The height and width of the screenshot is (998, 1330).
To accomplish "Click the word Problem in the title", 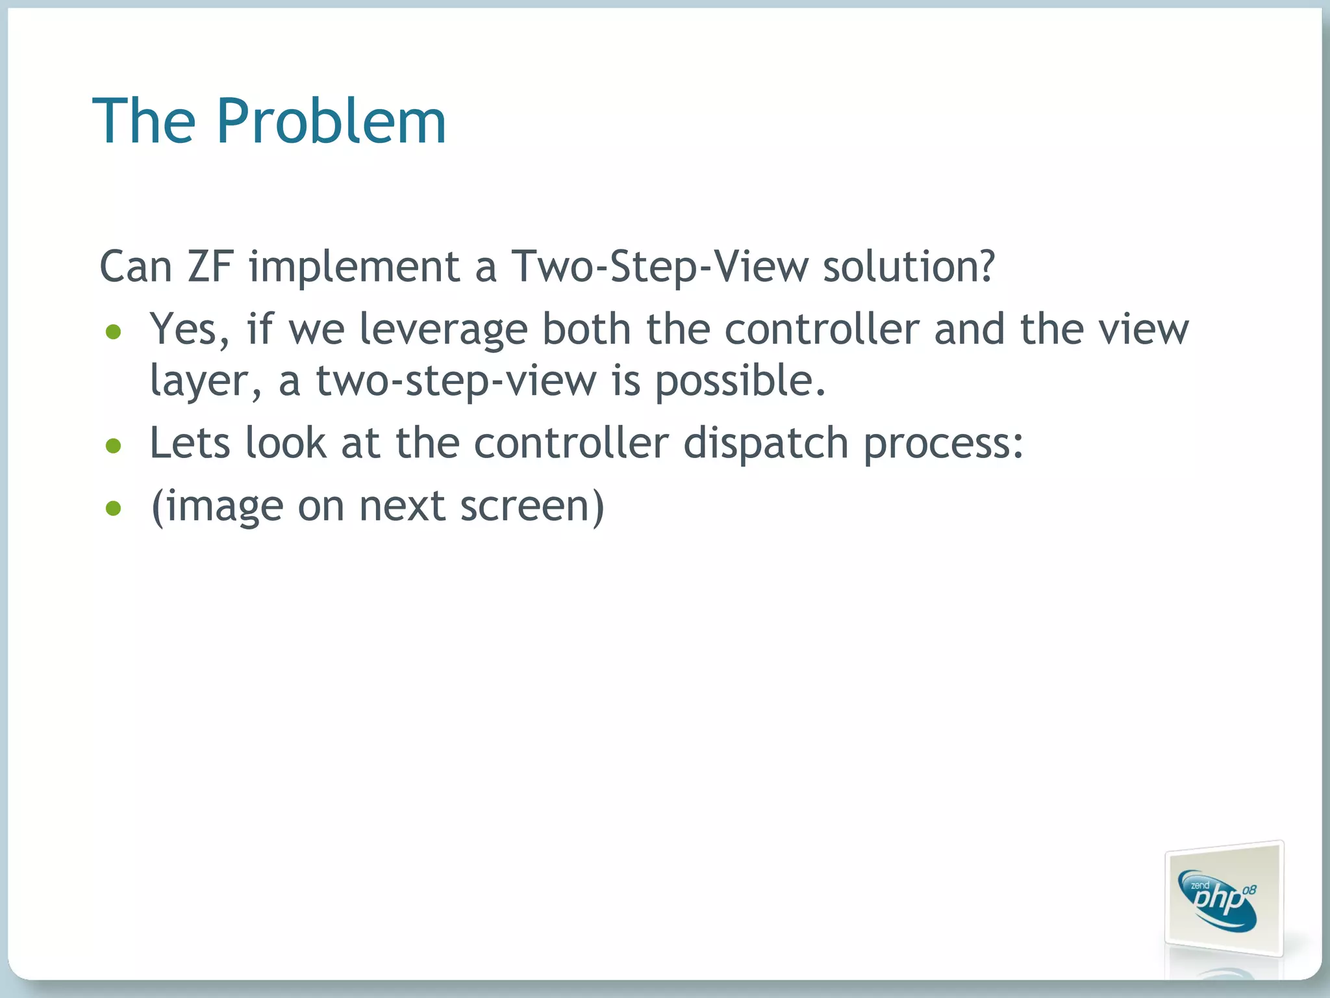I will click(x=331, y=121).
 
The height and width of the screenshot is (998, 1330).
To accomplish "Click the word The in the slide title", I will click(x=144, y=121).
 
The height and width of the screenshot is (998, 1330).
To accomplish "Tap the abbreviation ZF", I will click(x=210, y=266).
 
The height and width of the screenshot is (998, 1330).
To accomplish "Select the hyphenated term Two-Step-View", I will click(x=660, y=266).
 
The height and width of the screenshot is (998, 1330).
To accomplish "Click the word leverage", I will click(x=444, y=330).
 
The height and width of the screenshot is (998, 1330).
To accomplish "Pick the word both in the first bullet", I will click(x=586, y=329).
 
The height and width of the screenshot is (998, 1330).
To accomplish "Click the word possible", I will click(x=740, y=381).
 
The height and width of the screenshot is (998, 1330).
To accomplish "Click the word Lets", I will click(x=190, y=443).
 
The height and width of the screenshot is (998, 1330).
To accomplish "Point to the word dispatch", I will click(x=766, y=444).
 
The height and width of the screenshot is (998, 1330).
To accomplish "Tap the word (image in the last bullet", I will click(x=217, y=507).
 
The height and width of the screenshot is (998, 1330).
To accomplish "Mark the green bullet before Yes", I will click(x=114, y=333).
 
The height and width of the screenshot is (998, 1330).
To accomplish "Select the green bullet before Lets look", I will click(x=114, y=446).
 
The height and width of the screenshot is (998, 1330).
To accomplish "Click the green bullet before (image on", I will click(x=114, y=509).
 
